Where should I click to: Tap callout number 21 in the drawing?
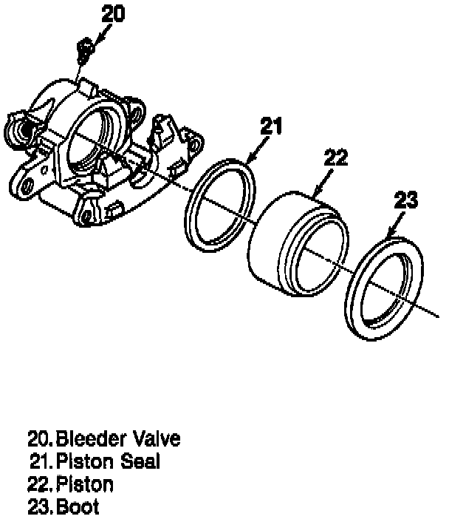[271, 126]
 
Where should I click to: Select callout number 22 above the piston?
[335, 158]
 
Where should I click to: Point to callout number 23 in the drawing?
[406, 200]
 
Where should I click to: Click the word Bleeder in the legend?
[91, 438]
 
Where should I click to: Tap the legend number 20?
[38, 438]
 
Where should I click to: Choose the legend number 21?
[40, 462]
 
